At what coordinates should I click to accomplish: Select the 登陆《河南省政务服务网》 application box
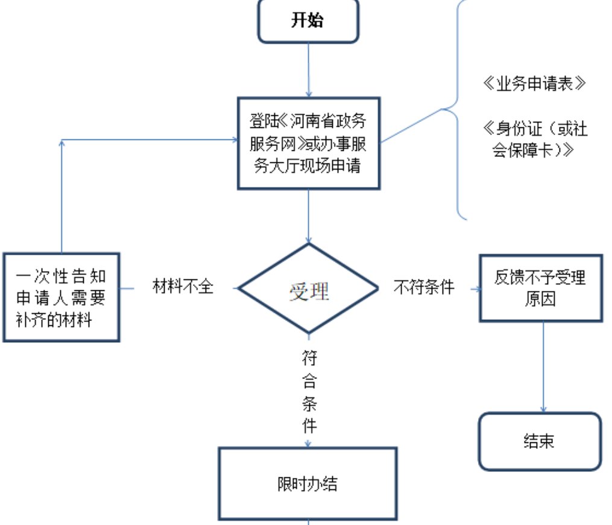tap(308, 143)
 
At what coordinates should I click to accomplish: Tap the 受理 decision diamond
tap(309, 289)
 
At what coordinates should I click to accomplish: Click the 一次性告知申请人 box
tap(61, 297)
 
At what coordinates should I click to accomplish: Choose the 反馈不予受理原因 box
tap(540, 287)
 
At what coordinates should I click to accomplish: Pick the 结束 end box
tap(540, 441)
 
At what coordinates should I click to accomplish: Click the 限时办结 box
tap(308, 483)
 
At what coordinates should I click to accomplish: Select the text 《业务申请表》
tap(534, 84)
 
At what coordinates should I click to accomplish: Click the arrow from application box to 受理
tap(309, 217)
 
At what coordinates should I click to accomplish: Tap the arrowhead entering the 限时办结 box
tap(309, 444)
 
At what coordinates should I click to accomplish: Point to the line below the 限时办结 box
tap(309, 522)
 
